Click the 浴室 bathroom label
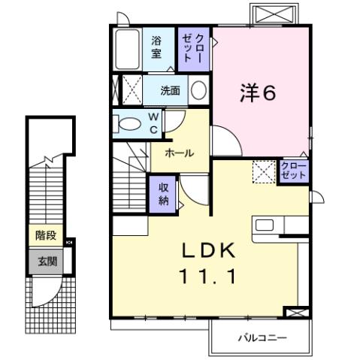[156, 47]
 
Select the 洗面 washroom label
[170, 91]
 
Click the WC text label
[152, 123]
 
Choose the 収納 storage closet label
[164, 194]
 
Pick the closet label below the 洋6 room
[293, 170]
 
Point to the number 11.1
[208, 276]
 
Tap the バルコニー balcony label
[262, 337]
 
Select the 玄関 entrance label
[46, 262]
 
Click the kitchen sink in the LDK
[266, 225]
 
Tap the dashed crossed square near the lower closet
[264, 173]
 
